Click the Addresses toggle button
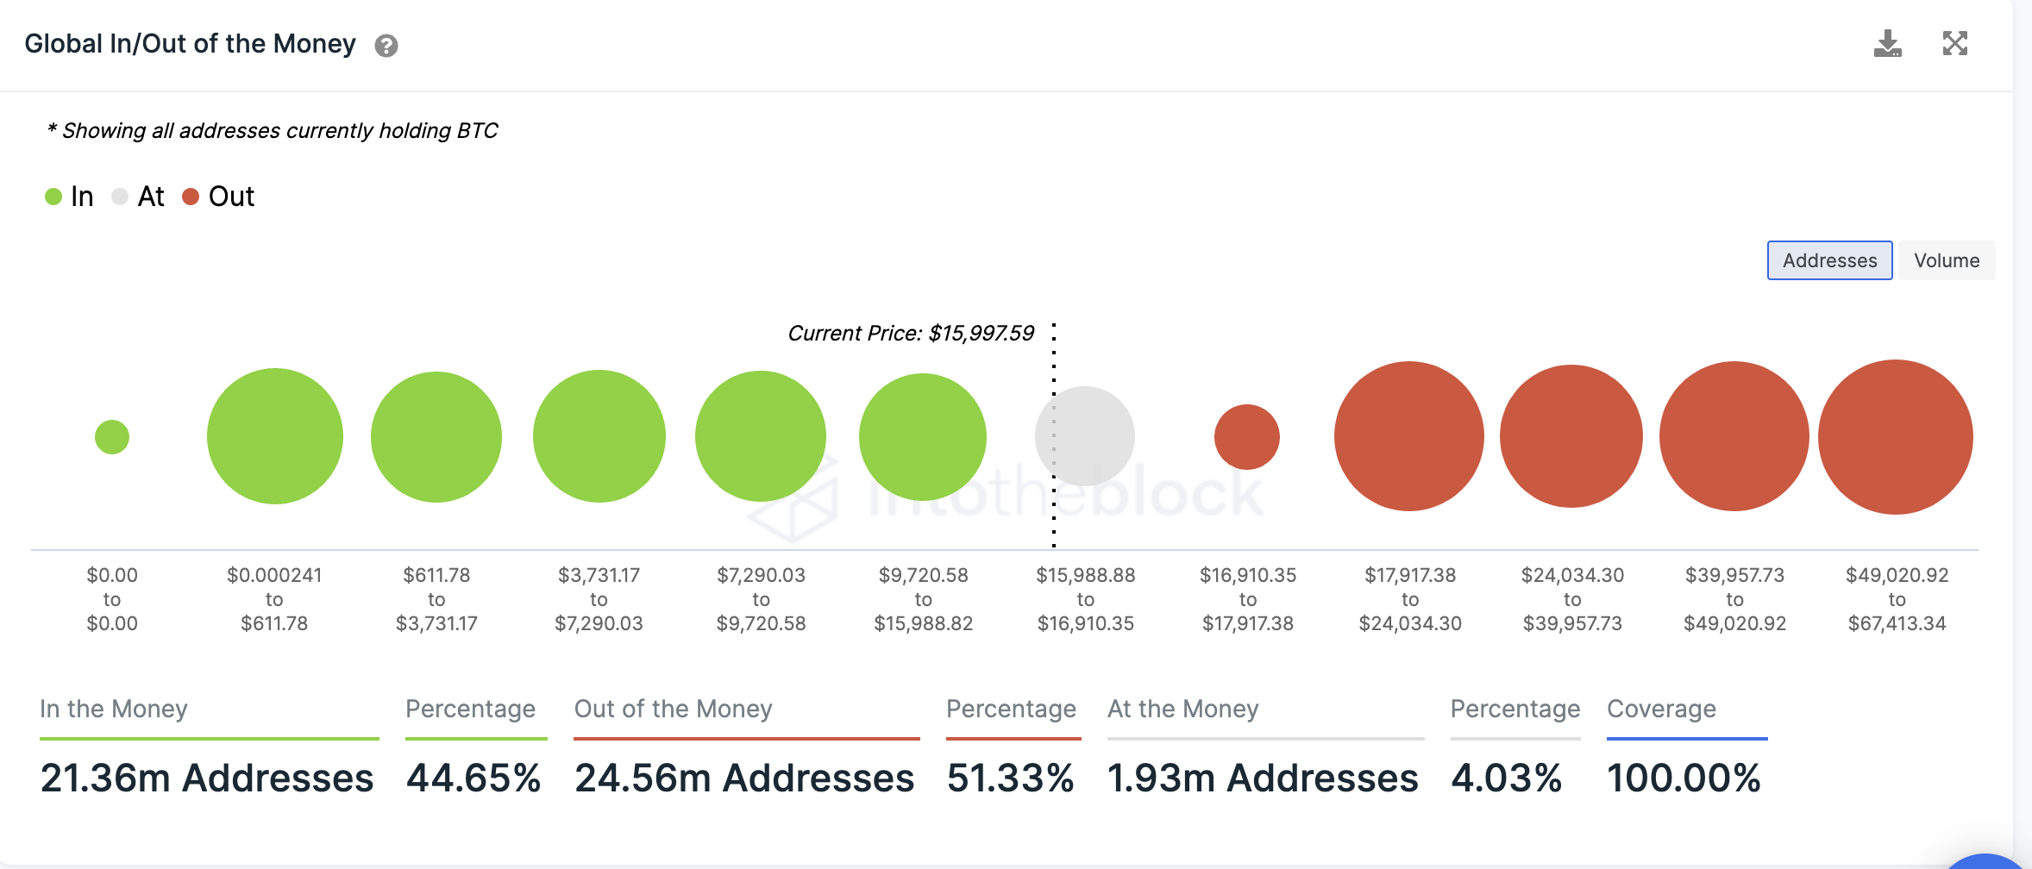[x=1829, y=260]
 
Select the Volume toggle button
[x=1947, y=260]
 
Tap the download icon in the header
[x=1887, y=44]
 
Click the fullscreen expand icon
[x=1954, y=44]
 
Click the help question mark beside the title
[x=386, y=46]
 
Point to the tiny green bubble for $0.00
[x=112, y=437]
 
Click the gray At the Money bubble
[x=1085, y=436]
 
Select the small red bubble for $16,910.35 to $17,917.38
[x=1247, y=437]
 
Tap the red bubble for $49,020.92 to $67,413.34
[x=1895, y=437]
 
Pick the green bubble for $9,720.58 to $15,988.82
[x=923, y=437]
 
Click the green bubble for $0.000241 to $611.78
[x=275, y=436]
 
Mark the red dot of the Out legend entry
[x=191, y=197]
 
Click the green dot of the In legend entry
[x=53, y=197]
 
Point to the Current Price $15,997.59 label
[x=911, y=334]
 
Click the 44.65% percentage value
[x=474, y=778]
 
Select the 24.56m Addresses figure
[x=744, y=778]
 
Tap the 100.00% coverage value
[x=1684, y=778]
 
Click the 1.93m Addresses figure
[x=1263, y=778]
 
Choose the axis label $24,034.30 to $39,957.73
[x=1572, y=599]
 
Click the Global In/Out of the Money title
[x=190, y=44]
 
